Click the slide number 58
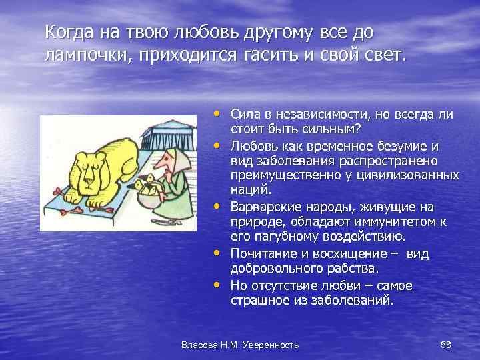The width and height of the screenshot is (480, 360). coord(446,345)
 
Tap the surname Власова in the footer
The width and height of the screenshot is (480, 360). coord(199,345)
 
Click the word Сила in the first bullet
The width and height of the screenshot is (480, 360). coord(245,114)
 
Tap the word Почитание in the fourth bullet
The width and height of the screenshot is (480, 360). coord(262,254)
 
